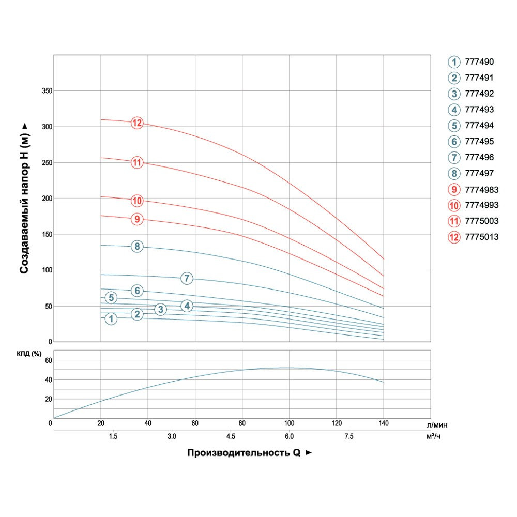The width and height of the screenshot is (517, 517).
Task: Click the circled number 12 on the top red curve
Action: pos(137,123)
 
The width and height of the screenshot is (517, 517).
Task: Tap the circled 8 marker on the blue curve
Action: pos(137,247)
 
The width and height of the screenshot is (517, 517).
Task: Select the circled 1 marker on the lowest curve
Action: pos(111,319)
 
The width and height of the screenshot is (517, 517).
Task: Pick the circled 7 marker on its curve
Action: pos(187,278)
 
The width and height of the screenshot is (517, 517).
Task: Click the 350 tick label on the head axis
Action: pos(47,91)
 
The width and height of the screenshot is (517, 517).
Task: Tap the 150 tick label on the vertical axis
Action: pos(47,235)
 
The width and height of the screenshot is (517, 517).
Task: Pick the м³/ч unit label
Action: pos(433,437)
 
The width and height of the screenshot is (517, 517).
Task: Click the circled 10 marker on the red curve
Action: pos(137,201)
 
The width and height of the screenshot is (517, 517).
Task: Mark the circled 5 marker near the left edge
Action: pos(111,297)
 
